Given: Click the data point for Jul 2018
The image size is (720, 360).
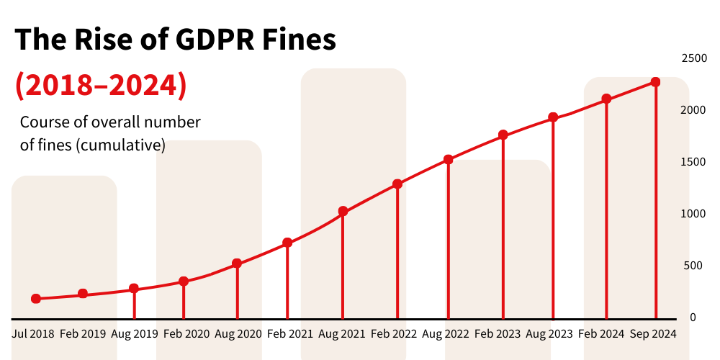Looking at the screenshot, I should [x=36, y=298].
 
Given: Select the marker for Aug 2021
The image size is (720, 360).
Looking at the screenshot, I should [x=343, y=211].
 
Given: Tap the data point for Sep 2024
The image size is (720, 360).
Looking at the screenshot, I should [x=655, y=82].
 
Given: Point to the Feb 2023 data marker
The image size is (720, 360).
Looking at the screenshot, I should [x=503, y=135].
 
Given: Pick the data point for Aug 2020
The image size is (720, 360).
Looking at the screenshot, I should [x=237, y=264].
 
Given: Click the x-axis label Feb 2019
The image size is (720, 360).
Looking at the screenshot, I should [x=83, y=334].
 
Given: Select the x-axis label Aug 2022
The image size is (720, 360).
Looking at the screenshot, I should [x=446, y=334].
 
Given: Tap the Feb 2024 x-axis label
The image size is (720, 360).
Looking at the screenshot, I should [x=602, y=334].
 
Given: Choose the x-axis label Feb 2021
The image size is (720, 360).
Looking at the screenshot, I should [x=290, y=334].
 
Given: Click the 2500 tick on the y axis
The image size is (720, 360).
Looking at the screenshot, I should [x=694, y=58].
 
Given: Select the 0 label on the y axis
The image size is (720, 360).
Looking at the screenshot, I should [x=693, y=317].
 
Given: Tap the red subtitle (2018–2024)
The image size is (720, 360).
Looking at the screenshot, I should [x=101, y=85].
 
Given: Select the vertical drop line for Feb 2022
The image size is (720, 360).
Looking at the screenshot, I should [x=397, y=252].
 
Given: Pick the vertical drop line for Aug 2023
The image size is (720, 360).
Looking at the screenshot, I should [x=553, y=216].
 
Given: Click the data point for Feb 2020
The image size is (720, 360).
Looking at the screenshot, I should [x=184, y=281].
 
